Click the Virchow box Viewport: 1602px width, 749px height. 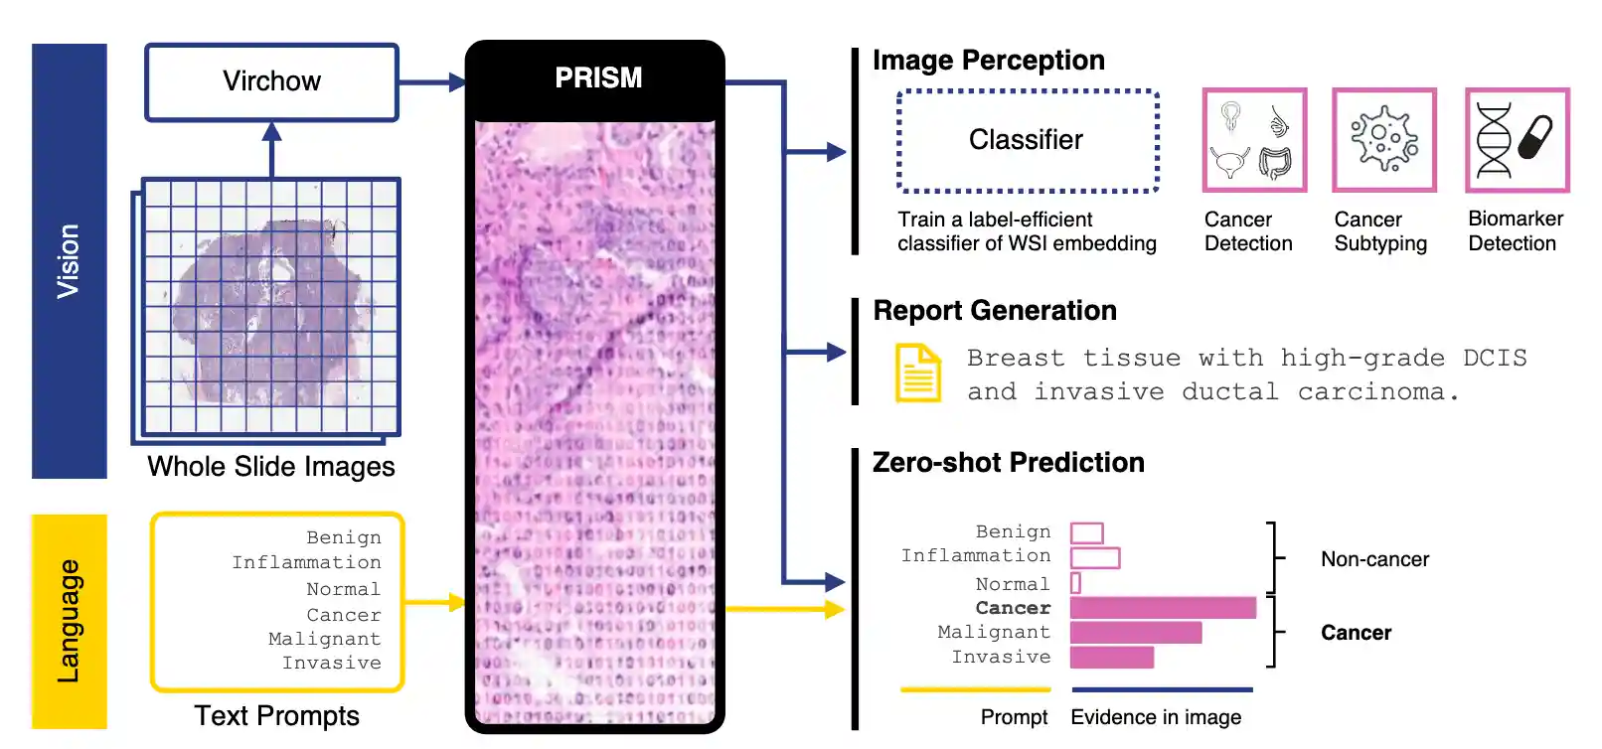point(271,82)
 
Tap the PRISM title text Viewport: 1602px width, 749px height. point(598,77)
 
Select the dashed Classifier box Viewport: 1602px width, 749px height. point(1028,141)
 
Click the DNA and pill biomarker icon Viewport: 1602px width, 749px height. point(1517,140)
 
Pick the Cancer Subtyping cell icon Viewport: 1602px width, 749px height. point(1384,140)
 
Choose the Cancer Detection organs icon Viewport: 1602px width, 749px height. point(1254,140)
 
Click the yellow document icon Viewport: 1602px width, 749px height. point(918,374)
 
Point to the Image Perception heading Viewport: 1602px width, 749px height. point(989,60)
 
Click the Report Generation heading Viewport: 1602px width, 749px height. point(995,311)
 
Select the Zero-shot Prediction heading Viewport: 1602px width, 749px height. point(1009,462)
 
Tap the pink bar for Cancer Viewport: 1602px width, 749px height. point(1163,608)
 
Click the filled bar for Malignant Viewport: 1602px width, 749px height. point(1136,632)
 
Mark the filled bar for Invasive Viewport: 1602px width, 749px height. point(1112,657)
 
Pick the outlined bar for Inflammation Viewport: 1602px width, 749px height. point(1095,557)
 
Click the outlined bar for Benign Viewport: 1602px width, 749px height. point(1087,533)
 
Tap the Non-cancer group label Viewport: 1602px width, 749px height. point(1374,559)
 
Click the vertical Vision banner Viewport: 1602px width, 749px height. point(70,261)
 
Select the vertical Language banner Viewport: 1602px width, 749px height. point(70,622)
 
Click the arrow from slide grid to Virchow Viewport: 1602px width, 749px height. point(271,149)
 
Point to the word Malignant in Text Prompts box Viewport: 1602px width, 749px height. point(325,638)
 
